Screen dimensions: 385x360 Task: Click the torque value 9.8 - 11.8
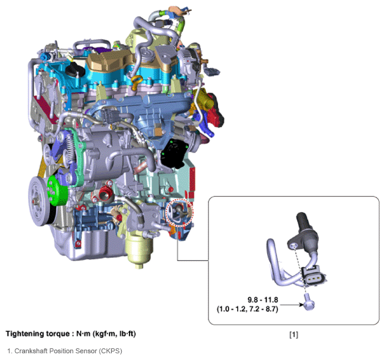click(x=263, y=300)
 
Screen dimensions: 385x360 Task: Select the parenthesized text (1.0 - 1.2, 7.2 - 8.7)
click(x=248, y=309)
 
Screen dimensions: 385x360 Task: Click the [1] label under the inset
click(x=294, y=334)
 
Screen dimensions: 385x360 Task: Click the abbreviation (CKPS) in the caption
click(x=110, y=351)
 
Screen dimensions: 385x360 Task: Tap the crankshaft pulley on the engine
click(x=38, y=201)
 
